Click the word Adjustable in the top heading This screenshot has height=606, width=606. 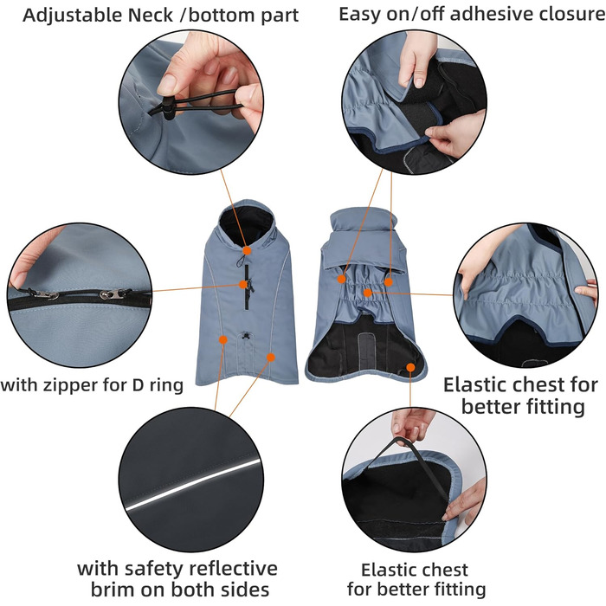tap(73, 16)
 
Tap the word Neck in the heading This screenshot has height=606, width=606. tap(151, 16)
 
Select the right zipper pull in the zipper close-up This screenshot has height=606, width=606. tap(113, 295)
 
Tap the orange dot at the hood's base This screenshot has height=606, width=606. tap(247, 251)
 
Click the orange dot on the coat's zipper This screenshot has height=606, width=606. tap(243, 285)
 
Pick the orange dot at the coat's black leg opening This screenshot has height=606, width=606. tap(410, 367)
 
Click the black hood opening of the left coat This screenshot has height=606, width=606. tap(245, 222)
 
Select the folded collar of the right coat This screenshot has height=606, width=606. tap(363, 241)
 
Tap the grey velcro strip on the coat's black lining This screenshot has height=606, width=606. tap(364, 350)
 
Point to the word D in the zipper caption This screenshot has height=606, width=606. tap(138, 385)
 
